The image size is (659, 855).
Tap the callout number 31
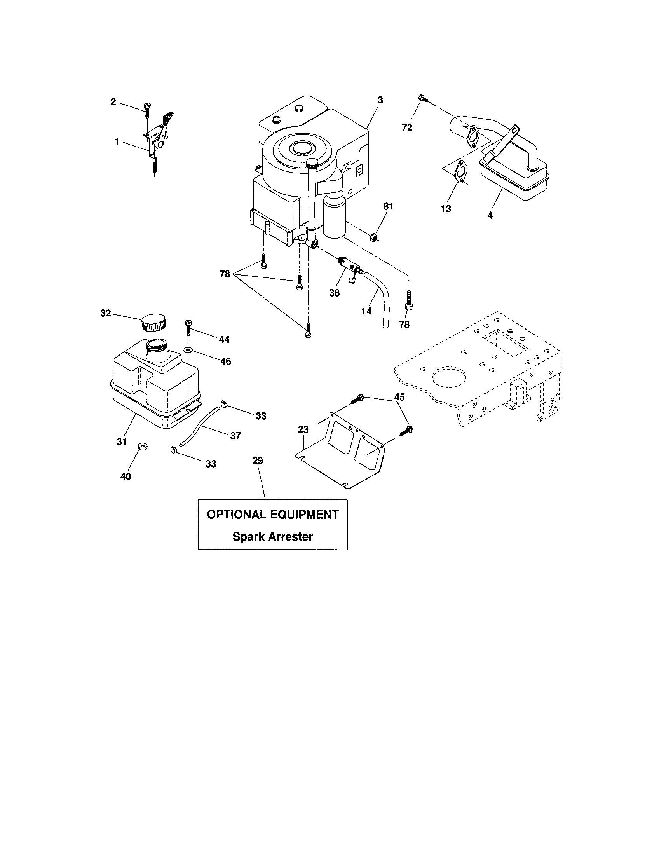(x=122, y=441)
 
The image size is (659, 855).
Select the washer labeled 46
(x=188, y=350)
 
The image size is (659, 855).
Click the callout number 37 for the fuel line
(x=235, y=435)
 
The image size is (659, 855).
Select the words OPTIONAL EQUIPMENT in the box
(x=272, y=515)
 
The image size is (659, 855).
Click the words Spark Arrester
(x=272, y=536)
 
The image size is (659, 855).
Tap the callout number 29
(x=258, y=461)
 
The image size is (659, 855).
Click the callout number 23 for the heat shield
(x=303, y=429)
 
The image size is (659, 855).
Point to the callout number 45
(x=399, y=397)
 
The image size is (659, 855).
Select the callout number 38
(x=334, y=293)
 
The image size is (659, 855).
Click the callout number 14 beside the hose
(x=366, y=311)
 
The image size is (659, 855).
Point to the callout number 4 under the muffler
(x=490, y=215)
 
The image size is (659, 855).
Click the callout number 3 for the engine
(x=380, y=100)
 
